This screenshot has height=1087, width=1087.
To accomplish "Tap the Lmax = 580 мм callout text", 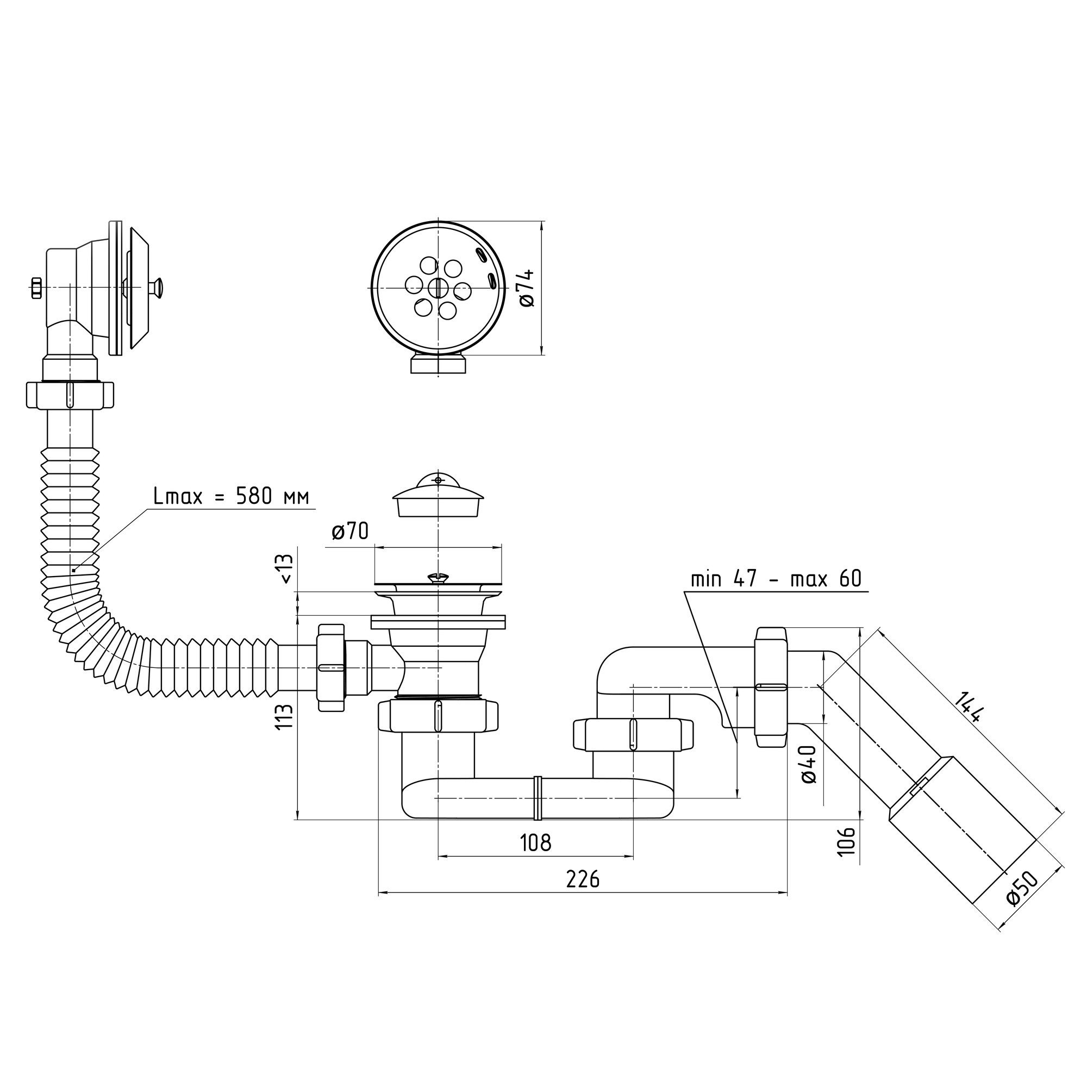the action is tap(230, 496).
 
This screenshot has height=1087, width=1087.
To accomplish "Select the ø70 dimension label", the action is tap(350, 530).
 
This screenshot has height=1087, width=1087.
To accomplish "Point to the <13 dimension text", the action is tap(286, 569).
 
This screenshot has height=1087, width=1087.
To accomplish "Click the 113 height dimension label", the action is tap(285, 716).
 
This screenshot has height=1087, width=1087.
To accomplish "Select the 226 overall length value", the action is tap(583, 879).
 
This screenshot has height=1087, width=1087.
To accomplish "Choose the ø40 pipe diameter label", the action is tap(809, 764).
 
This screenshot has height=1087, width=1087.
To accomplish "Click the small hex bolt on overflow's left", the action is tap(36, 288).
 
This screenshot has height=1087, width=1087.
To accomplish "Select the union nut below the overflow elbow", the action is tap(70, 395).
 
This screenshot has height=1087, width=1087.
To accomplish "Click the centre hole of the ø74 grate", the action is tap(438, 288).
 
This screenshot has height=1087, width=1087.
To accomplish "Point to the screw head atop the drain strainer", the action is tap(438, 577).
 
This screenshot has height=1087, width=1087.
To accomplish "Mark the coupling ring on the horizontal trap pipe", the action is tap(538, 798).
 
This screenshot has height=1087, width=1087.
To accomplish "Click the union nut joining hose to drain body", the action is tap(331, 668).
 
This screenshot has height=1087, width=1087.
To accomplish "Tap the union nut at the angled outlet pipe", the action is tap(771, 687).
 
